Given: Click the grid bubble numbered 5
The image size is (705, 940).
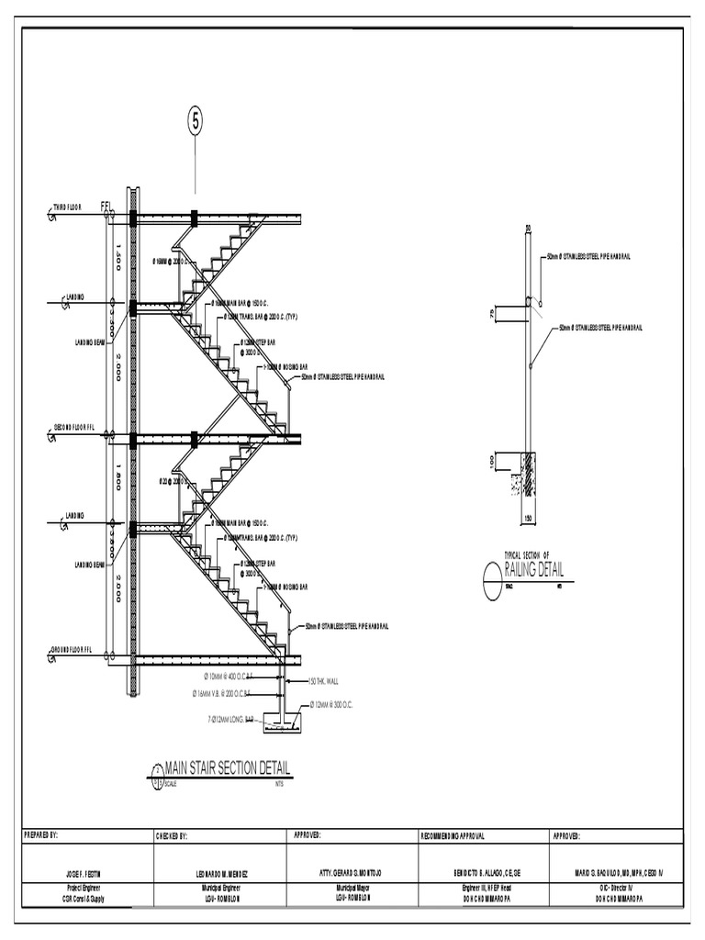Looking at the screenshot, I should click(195, 120).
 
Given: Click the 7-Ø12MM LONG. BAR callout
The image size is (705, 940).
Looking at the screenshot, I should click(230, 719).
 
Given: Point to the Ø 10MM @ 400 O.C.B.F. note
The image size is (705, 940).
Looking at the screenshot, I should click(228, 676).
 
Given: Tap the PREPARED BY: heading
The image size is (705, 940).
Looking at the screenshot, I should click(40, 836).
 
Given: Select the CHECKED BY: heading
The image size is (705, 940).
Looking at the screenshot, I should click(173, 836).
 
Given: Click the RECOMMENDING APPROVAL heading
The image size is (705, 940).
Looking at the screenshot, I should click(453, 836).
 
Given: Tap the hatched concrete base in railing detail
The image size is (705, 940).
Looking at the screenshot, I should click(529, 475).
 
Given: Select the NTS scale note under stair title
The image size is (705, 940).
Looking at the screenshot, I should click(280, 784).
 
